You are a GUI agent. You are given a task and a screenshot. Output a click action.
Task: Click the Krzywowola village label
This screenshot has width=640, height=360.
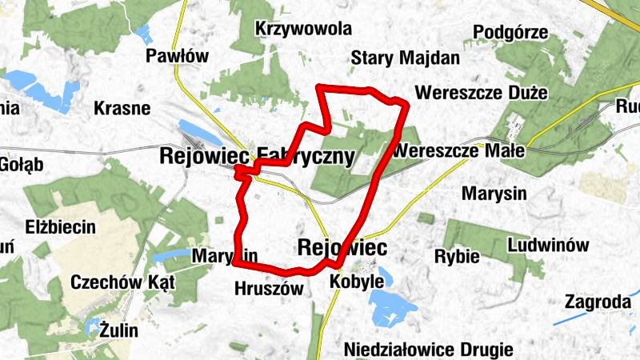[303, 30]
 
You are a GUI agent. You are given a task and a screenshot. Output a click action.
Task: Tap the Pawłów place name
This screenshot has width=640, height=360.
[177, 56]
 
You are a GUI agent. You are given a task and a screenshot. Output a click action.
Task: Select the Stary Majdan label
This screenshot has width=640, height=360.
[406, 58]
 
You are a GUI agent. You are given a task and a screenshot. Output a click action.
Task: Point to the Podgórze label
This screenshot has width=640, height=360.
[510, 33]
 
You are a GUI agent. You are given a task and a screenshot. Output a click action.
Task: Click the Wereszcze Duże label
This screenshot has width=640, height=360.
[481, 93]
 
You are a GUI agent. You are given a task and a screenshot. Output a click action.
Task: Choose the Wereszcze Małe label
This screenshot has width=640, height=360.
[460, 150]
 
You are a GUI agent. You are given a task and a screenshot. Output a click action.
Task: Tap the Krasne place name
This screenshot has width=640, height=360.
[122, 108]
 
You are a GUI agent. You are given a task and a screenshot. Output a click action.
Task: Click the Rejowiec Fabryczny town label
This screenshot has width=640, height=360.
[256, 157]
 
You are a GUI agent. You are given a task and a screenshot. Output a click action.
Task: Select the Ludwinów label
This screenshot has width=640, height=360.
[548, 245]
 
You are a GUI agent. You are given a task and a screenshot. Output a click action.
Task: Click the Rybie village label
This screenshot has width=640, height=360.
[456, 257]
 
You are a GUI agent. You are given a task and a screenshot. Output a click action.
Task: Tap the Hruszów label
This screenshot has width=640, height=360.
[269, 289]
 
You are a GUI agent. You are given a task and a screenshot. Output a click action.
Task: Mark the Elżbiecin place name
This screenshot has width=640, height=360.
[60, 226]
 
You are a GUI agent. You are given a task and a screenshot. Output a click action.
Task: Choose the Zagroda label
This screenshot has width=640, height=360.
[597, 302]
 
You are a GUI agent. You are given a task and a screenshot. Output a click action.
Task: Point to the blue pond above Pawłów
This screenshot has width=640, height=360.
[144, 34]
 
